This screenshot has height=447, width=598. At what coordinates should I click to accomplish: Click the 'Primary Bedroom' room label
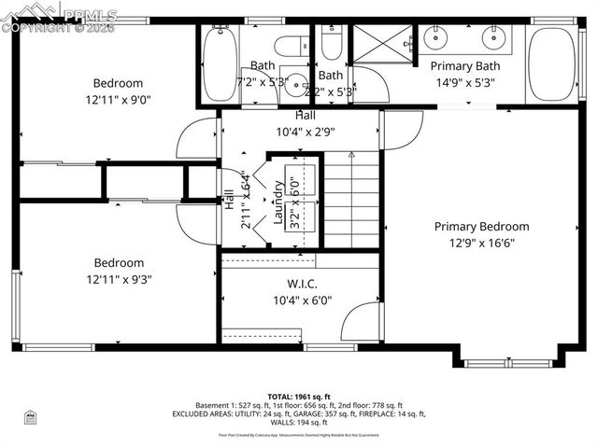click(481, 227)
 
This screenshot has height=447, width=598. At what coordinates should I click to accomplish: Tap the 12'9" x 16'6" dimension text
click(481, 243)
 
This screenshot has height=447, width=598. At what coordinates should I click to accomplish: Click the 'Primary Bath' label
click(464, 66)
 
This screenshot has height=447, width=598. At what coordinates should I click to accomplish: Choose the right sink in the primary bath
click(494, 38)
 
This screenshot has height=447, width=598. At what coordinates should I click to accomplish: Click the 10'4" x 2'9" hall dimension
click(306, 131)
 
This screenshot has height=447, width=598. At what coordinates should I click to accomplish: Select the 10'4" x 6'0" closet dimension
click(302, 300)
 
